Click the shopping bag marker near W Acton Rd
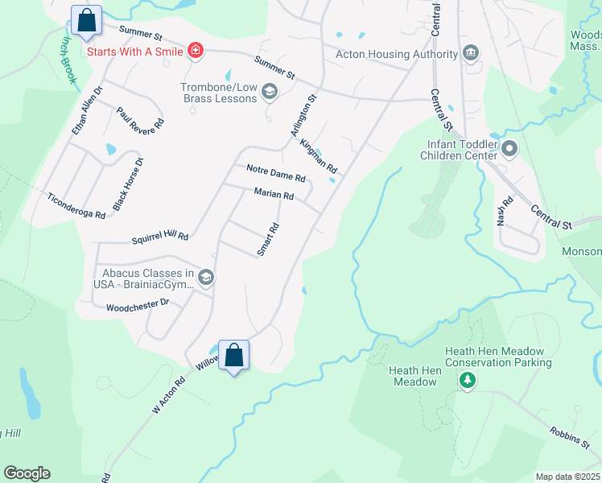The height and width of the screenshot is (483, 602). click(x=233, y=355)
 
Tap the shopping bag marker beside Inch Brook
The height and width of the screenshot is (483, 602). click(x=87, y=20)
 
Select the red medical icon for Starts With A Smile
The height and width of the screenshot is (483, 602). click(x=195, y=52)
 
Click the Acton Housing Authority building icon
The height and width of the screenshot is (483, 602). click(x=470, y=54)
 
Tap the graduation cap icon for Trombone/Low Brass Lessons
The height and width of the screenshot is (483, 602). click(x=269, y=93)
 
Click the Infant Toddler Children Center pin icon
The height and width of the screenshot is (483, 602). click(x=509, y=149)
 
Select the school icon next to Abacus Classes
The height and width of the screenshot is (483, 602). click(x=206, y=278)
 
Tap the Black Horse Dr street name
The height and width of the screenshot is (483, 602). click(x=129, y=184)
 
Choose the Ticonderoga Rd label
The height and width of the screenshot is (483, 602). click(x=76, y=207)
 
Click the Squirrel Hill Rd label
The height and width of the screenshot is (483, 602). click(x=159, y=237)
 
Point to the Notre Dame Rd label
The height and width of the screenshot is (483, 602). click(x=275, y=172)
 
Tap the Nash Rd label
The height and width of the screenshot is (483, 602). click(x=505, y=211)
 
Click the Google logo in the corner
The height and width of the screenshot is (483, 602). click(x=27, y=473)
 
